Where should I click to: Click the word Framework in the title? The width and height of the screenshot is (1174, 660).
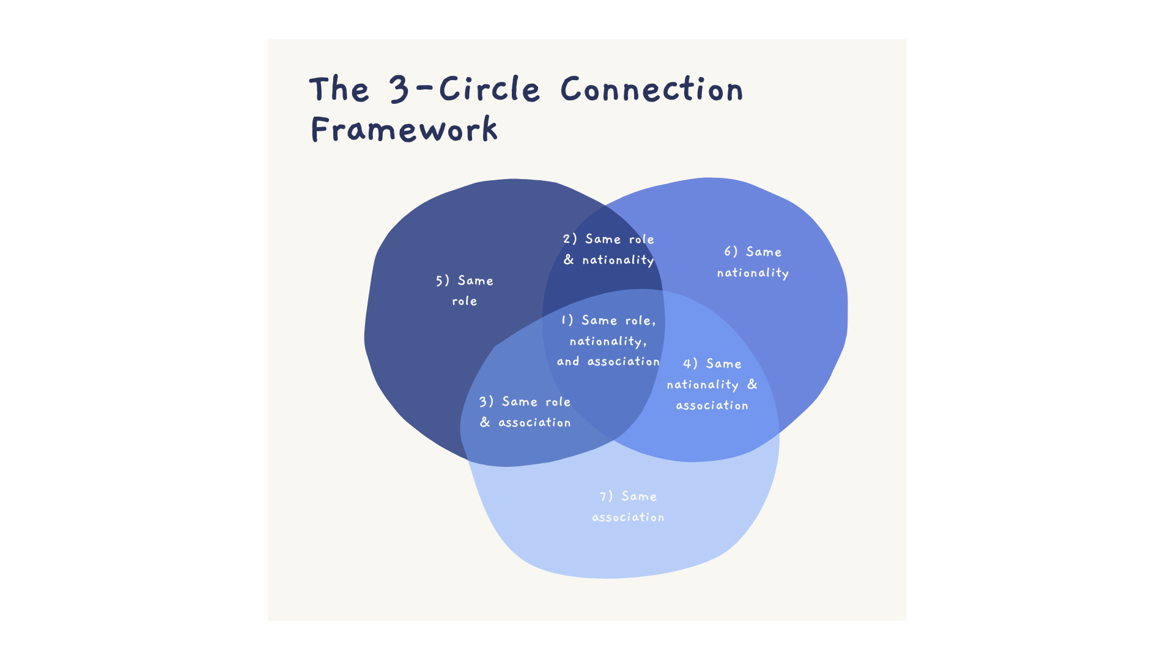pos(404,130)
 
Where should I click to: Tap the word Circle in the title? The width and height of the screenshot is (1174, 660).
pos(489,90)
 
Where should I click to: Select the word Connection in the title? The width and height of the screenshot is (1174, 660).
pos(652,90)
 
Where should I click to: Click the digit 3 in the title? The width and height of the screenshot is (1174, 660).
pos(399,90)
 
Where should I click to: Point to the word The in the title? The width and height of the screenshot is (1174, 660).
pos(339,90)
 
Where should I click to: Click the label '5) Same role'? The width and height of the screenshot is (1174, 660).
pos(465,290)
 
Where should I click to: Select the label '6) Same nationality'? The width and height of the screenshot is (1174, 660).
pos(753,262)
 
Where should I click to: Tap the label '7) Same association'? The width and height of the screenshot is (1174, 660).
pos(628,507)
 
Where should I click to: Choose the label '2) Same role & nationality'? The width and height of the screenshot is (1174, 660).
pos(609,249)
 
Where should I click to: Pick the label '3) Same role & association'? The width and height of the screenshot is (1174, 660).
pos(525,412)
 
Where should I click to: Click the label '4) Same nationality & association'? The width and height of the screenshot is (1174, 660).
pos(712,384)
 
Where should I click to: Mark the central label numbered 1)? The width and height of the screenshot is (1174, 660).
pos(608,340)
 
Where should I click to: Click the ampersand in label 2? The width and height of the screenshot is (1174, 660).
pos(569,260)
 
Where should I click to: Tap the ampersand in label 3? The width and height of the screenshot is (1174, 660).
pos(485,422)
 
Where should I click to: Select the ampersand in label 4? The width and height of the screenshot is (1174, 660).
pos(752,384)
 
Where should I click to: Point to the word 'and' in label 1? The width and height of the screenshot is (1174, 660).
pos(568,361)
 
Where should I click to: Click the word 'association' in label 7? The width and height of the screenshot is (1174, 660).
pos(628,517)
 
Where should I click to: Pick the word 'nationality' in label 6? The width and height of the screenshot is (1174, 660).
pos(753,273)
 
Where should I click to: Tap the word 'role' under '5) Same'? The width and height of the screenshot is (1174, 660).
pos(465,301)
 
